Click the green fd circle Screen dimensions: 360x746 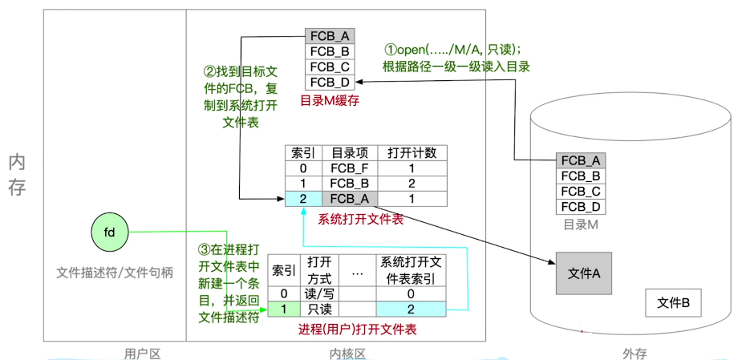(110, 233)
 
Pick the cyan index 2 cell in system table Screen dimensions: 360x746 (303, 199)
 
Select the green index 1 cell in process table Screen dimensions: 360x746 (283, 309)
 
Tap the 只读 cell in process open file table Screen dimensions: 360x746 (321, 309)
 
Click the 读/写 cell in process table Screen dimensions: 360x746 (321, 293)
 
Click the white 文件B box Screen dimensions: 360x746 (674, 302)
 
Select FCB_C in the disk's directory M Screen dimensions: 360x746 (581, 191)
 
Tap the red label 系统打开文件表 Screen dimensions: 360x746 (361, 218)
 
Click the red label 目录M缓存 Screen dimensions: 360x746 (328, 100)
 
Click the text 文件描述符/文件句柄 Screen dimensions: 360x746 (115, 272)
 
